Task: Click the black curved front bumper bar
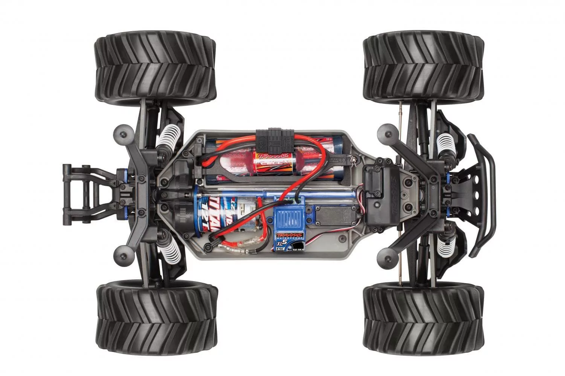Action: coord(489,196)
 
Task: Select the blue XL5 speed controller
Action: coord(290,222)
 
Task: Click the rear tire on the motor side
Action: coord(157,318)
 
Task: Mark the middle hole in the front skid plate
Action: coord(476,196)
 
